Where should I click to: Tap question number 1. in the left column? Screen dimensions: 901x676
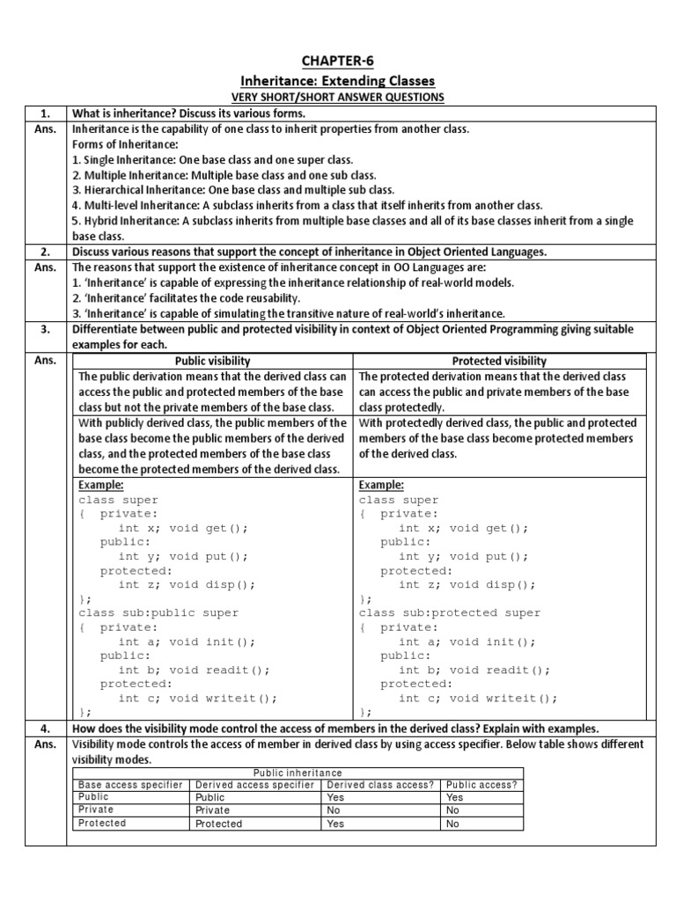[46, 113]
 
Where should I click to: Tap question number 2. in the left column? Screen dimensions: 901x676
[46, 252]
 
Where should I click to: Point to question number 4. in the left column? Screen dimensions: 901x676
[46, 729]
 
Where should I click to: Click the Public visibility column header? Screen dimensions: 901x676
[213, 361]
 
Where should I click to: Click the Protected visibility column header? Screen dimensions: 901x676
[500, 361]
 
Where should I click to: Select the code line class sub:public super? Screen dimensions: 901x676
[158, 612]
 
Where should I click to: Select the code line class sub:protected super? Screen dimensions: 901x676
[449, 612]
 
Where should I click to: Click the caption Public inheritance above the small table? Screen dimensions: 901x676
[297, 773]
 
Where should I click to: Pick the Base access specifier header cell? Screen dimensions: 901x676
[131, 784]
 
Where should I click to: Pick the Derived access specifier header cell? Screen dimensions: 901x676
[254, 784]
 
